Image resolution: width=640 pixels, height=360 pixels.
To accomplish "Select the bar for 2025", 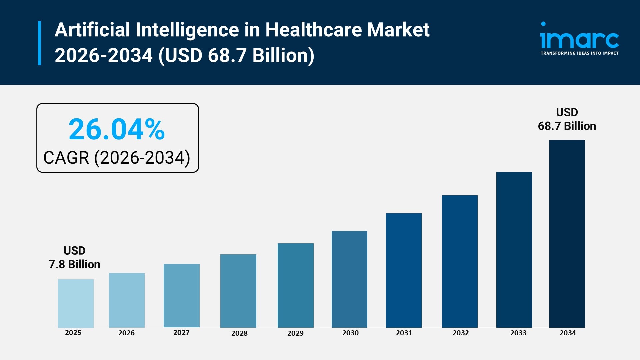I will click(76, 303).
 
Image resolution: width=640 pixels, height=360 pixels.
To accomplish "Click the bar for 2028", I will click(238, 291).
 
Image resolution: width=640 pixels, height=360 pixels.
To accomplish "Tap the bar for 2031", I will click(404, 270).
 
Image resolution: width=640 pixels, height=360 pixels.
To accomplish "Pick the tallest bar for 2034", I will click(567, 234).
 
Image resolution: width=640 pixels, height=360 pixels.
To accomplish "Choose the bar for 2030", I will click(349, 279).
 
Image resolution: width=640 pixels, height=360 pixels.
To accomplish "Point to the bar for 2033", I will click(514, 250).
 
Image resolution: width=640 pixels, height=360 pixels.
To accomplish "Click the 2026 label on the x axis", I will click(126, 333).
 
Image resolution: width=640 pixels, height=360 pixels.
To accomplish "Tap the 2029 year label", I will click(295, 333).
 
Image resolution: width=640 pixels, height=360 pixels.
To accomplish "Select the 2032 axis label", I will click(461, 333).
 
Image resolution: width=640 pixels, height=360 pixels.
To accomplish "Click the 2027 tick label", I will click(181, 332).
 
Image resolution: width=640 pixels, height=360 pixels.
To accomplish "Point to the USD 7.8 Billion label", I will click(74, 258).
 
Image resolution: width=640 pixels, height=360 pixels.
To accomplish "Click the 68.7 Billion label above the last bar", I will click(567, 126).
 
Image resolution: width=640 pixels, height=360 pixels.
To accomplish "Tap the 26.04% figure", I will click(117, 129).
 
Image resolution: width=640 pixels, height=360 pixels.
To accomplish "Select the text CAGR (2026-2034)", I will click(117, 158).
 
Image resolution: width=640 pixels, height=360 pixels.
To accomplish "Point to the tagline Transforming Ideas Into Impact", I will click(579, 53).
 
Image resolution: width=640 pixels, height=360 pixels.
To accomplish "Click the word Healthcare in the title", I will click(313, 30).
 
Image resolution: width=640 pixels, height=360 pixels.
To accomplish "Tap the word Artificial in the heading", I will click(92, 30).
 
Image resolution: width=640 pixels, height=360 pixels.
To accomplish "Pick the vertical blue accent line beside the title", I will click(40, 43).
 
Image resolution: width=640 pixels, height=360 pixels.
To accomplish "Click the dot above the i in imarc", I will click(543, 24).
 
